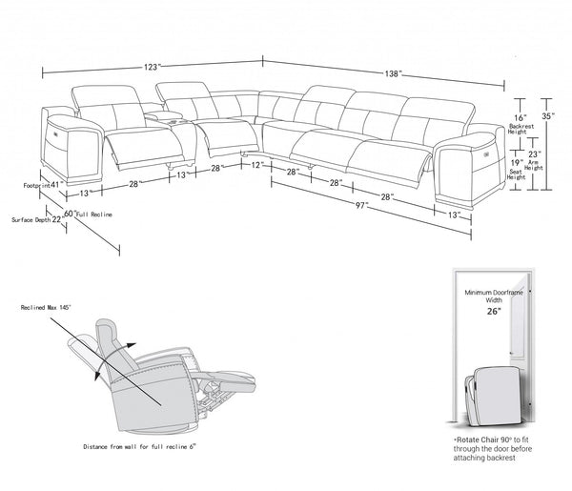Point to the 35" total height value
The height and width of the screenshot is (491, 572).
547,116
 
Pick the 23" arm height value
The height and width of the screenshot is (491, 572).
536,153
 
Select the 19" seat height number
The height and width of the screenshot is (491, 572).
515,162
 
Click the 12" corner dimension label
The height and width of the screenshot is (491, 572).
257,165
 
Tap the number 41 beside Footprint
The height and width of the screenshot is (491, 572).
55,184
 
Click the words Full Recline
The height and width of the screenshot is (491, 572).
94,216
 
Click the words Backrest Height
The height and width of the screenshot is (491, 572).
521,129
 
